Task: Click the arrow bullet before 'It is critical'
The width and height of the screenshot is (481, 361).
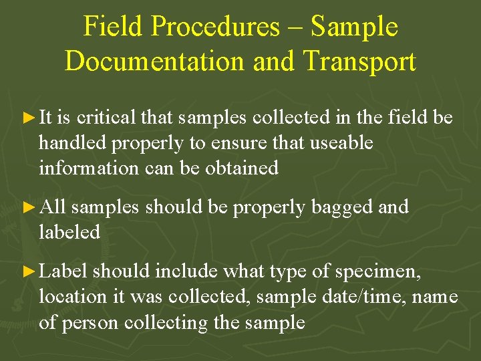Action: (x=27, y=118)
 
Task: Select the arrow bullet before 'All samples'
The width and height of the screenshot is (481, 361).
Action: (x=27, y=207)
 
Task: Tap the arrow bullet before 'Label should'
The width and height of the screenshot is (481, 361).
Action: (x=27, y=271)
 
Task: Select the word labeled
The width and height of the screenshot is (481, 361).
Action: (x=69, y=233)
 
